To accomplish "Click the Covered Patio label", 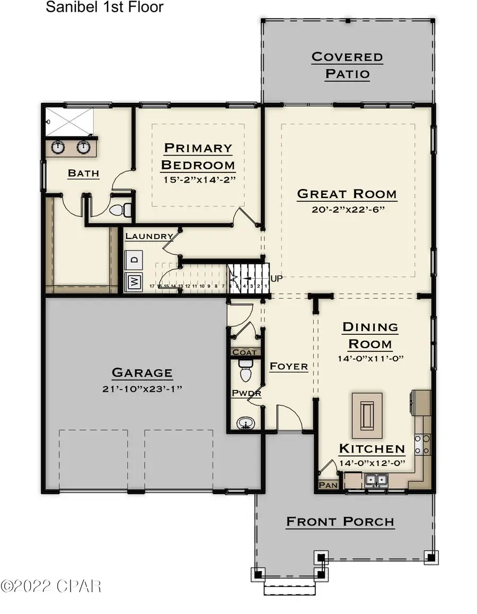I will pos(347,65).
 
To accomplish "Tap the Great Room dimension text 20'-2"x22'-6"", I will pos(347,210).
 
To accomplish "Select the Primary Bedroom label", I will pos(198,156).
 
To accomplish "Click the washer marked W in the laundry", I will pos(134,282).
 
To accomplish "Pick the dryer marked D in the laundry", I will pos(134,260).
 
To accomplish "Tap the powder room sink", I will pos(245,423).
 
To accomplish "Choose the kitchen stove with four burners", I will pos(422,444).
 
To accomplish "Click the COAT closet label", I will pos(244,352).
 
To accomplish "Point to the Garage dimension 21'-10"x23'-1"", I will pos(142,388).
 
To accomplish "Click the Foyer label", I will pos(288,366).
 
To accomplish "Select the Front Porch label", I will pos(340,522).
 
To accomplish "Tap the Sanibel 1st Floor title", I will pos(104,7).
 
